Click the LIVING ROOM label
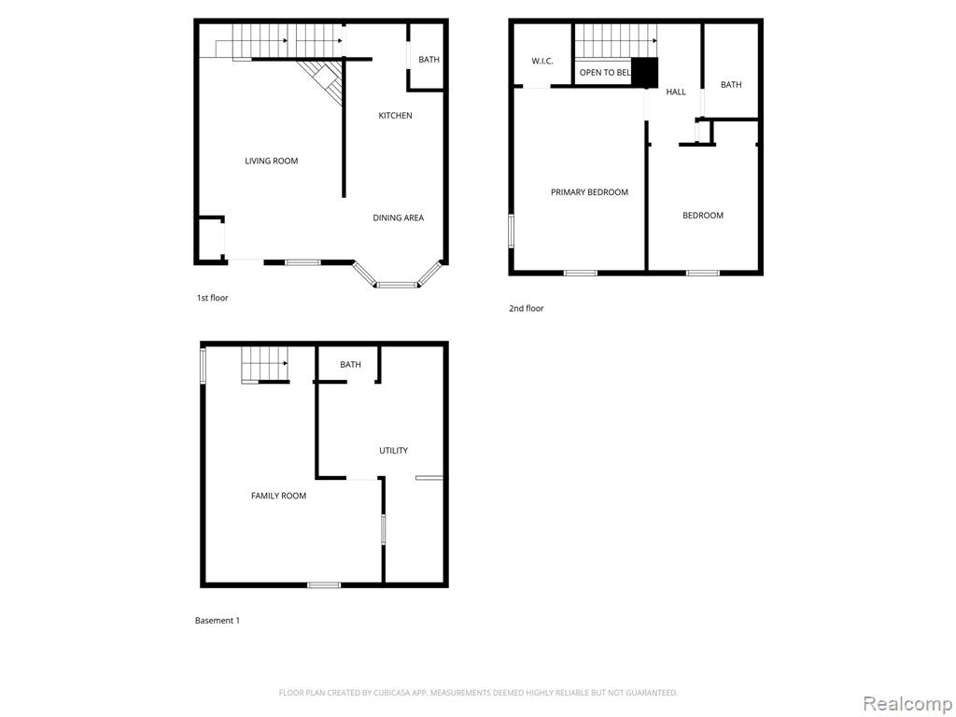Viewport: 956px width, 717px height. pos(272,161)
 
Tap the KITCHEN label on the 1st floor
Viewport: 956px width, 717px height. pos(395,115)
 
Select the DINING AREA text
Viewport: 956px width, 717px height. pos(398,218)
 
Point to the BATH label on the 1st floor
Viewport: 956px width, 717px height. pos(429,59)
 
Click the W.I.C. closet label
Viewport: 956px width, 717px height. pos(542,61)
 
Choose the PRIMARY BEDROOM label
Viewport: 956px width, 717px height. pos(589,192)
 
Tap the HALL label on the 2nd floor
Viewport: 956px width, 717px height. pos(676,92)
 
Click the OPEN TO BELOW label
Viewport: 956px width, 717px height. pos(605,73)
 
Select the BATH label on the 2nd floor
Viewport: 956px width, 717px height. pos(731,85)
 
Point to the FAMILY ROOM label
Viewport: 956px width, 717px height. pos(278,496)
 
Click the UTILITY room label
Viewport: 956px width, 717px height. pos(393,451)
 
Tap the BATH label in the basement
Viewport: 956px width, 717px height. pos(350,365)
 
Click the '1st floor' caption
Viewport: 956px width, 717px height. pos(212,298)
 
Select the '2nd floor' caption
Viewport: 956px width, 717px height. pos(527,308)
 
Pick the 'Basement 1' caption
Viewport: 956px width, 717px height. pos(217,621)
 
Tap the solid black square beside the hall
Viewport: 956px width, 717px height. pos(644,71)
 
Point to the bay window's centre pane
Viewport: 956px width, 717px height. pos(396,285)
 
